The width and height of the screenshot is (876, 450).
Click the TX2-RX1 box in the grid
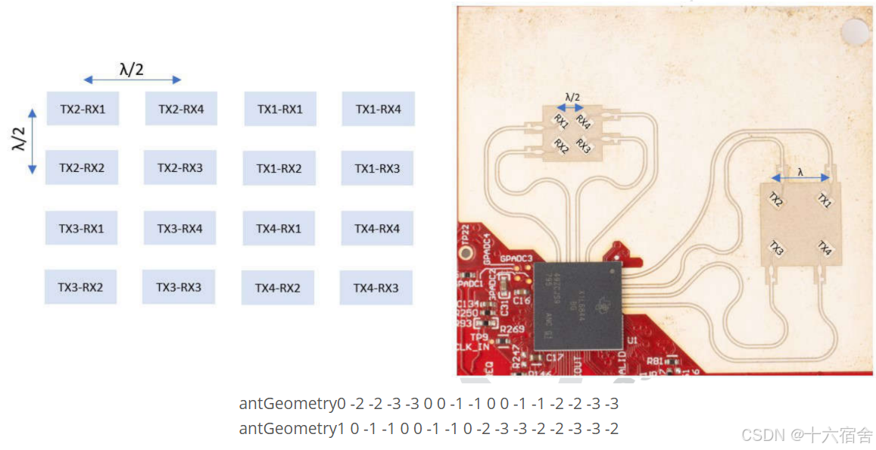(x=83, y=109)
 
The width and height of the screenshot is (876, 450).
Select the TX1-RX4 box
(x=378, y=109)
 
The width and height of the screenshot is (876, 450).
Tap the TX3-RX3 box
(x=179, y=287)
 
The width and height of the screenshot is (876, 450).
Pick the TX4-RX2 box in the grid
(x=278, y=288)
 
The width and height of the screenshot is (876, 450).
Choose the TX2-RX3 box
(x=180, y=167)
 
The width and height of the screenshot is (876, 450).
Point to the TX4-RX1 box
(x=279, y=228)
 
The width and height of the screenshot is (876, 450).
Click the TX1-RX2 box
(x=279, y=168)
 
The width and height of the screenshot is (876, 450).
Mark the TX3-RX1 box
(x=81, y=228)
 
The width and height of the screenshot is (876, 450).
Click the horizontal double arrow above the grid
(x=132, y=80)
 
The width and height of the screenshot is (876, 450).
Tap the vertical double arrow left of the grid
(x=32, y=142)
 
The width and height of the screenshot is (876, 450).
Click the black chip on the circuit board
(x=577, y=305)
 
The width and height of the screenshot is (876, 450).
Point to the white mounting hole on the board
(x=856, y=32)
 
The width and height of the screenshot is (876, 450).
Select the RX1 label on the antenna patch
(x=561, y=120)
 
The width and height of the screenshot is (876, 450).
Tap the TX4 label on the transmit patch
(x=824, y=248)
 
